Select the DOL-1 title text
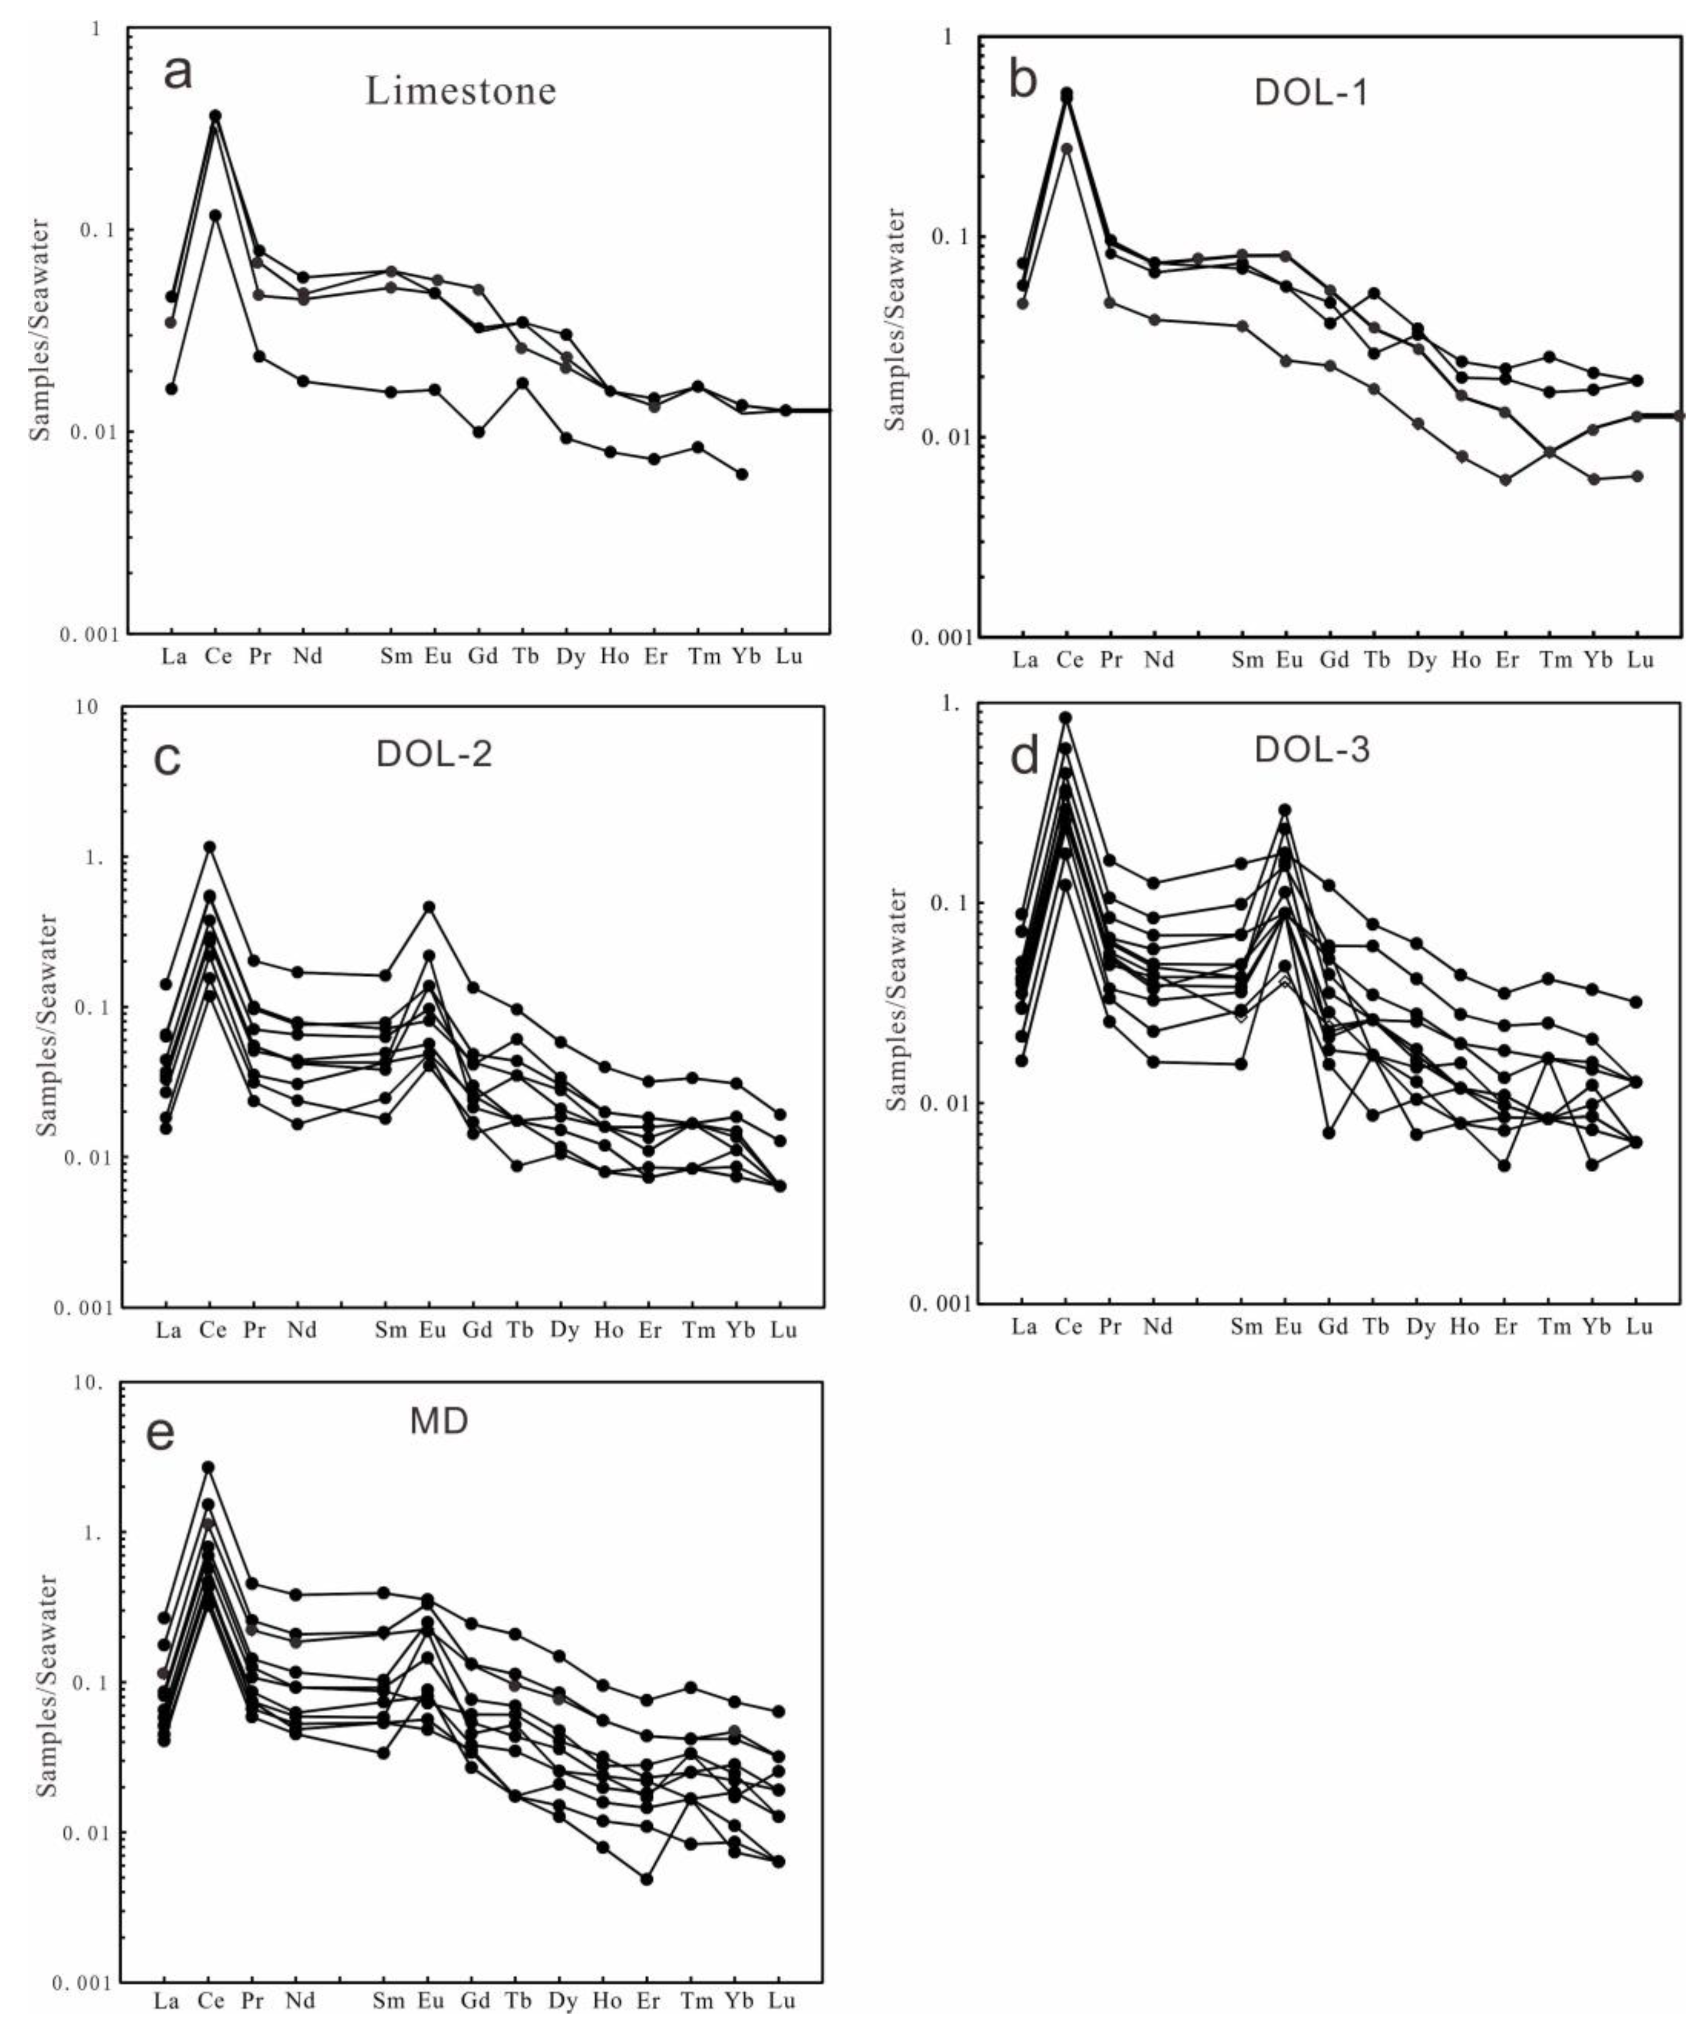[1311, 93]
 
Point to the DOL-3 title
[1312, 750]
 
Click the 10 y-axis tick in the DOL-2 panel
[87, 707]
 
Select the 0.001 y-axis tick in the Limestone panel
[89, 636]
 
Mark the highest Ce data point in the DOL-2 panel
[209, 847]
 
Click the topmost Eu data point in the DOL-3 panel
[1285, 810]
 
